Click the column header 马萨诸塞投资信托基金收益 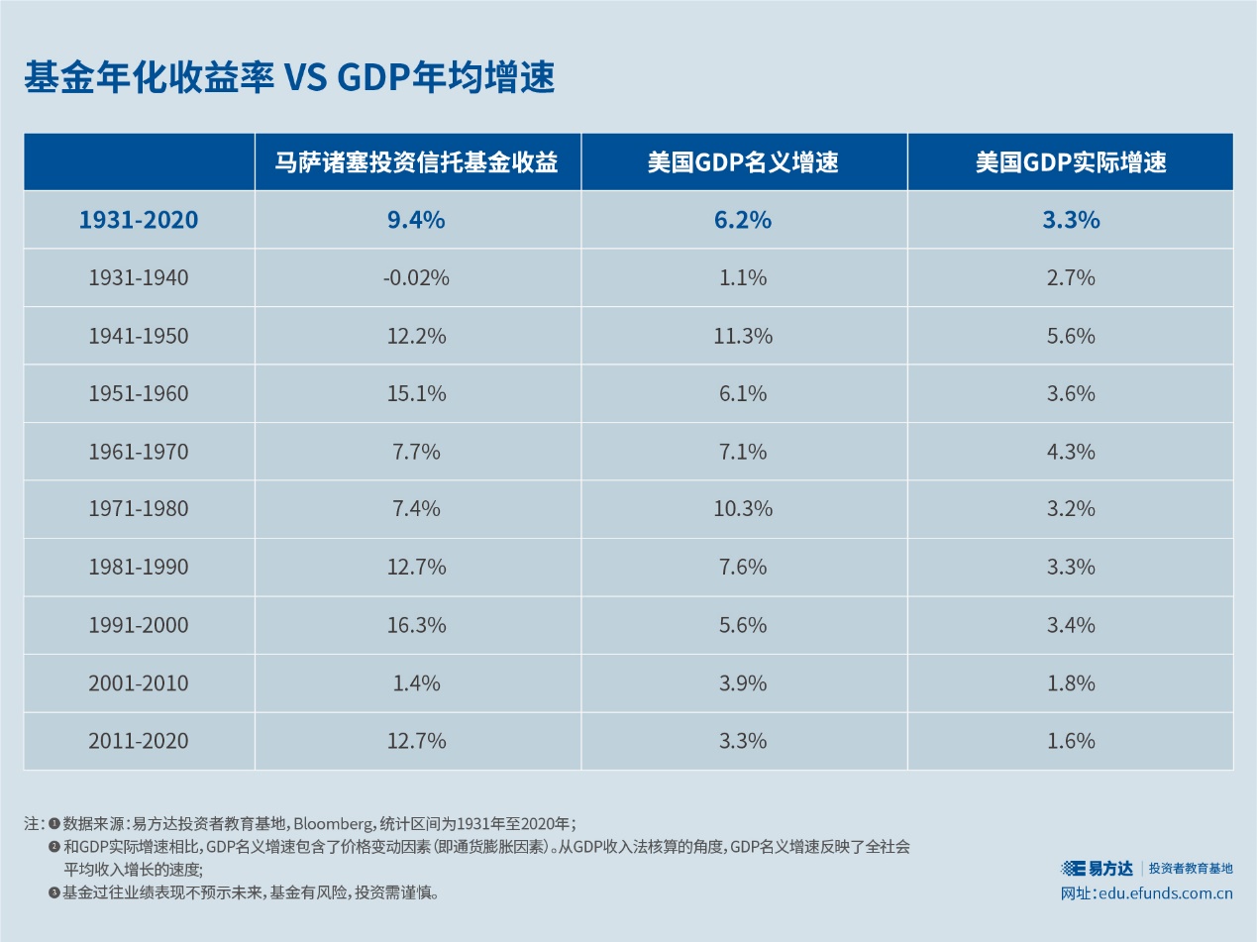pos(417,162)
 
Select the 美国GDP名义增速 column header pos(743,162)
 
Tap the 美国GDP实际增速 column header pos(1070,162)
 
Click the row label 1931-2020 pos(138,220)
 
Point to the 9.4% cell pos(416,220)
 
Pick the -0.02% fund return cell pos(416,278)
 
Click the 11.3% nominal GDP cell pos(743,336)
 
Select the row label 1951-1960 pos(138,393)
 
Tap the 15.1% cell pos(416,393)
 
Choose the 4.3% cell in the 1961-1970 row pos(1070,452)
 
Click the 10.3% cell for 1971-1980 pos(743,509)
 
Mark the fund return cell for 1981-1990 pos(416,568)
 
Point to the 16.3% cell pos(416,625)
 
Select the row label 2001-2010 pos(138,683)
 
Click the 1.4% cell pos(416,683)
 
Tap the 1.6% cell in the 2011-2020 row pos(1070,741)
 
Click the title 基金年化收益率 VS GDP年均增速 pos(288,77)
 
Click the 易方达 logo pos(1097,868)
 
